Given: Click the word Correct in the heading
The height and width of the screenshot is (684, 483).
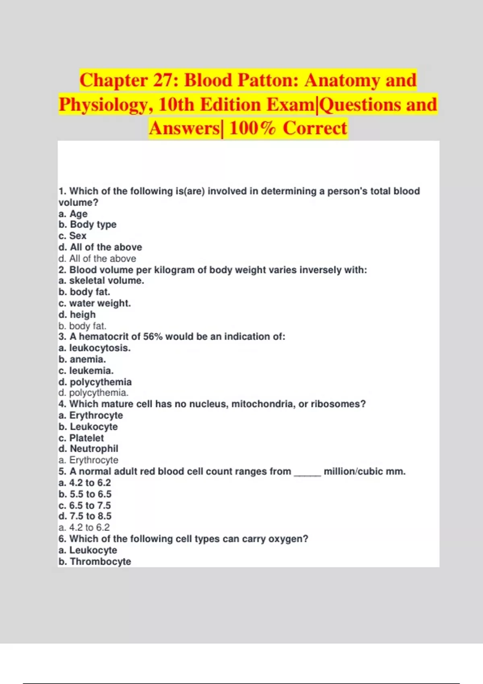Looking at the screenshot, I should click(x=315, y=128).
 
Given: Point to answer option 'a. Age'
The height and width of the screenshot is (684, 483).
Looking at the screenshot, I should click(x=73, y=214).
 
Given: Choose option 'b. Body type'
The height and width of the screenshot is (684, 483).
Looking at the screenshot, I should click(x=87, y=225).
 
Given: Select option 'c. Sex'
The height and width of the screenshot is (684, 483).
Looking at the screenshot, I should click(x=72, y=236).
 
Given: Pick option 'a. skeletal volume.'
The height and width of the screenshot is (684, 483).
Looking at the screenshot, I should click(x=101, y=280).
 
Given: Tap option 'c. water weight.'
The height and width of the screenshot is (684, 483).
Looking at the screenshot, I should click(x=95, y=303).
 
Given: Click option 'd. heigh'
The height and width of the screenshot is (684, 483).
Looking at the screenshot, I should click(x=77, y=314).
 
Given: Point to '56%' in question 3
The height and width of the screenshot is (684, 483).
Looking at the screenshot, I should click(x=153, y=336).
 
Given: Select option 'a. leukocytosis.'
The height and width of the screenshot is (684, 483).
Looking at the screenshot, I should click(x=95, y=348).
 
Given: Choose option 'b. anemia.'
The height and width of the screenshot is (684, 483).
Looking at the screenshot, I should click(x=82, y=359).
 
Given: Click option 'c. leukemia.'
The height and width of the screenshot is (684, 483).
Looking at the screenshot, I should click(x=86, y=370).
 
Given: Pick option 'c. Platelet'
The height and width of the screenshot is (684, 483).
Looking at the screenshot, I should click(x=81, y=438).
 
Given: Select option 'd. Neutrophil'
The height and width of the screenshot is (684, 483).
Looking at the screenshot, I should click(x=88, y=449).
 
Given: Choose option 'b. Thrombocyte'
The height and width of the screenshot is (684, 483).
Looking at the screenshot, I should click(x=95, y=561).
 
